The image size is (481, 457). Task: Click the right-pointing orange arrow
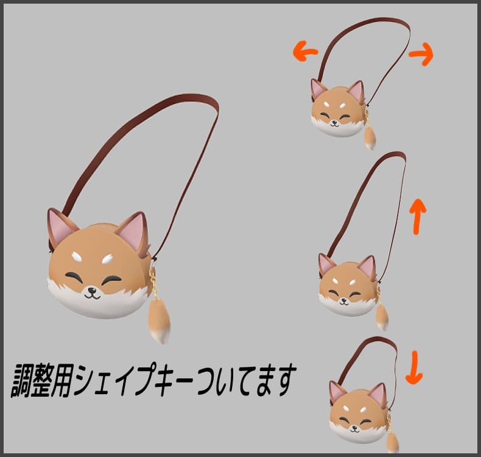coord(421,55)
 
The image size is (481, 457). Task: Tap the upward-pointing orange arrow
coord(417,215)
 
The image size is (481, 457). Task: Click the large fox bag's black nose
coord(92,290)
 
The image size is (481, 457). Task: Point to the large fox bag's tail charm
coord(160,319)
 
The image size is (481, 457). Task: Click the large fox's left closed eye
coord(74,277)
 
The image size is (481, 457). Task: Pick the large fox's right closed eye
coord(113,280)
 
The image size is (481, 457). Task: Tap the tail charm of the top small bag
coord(370,137)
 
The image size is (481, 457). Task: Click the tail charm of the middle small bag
coord(382,317)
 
